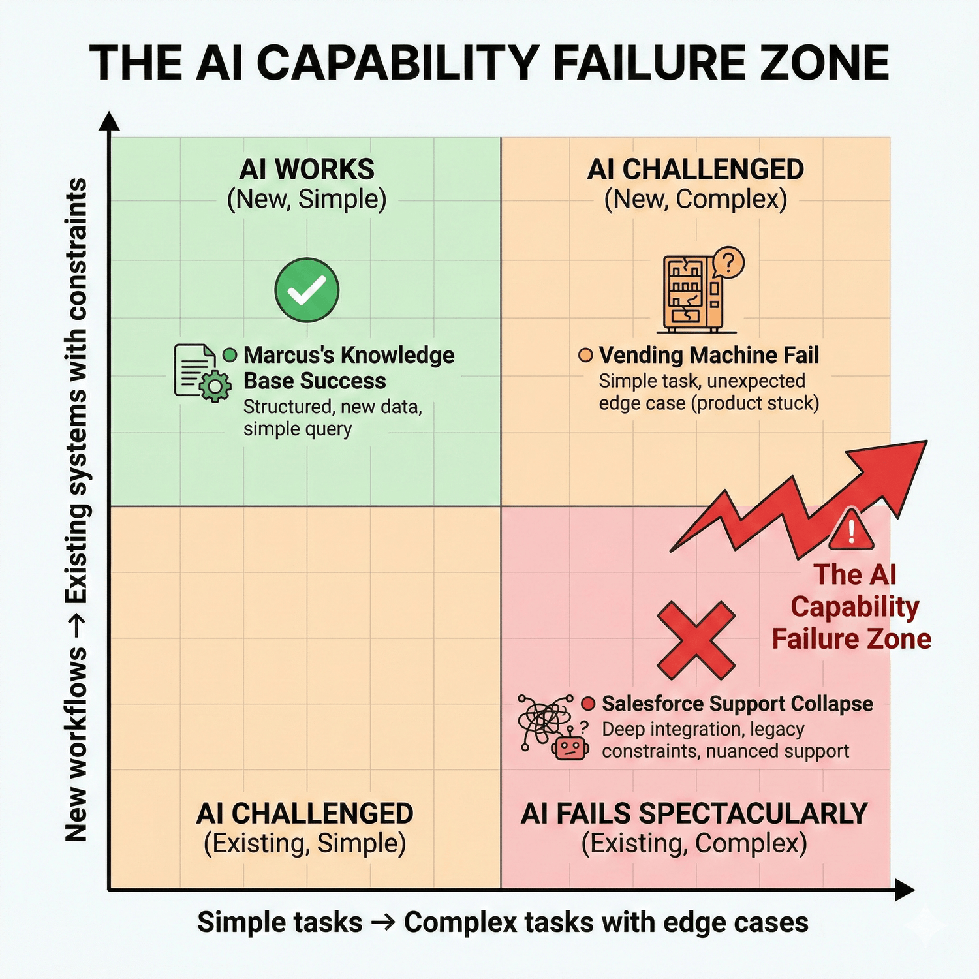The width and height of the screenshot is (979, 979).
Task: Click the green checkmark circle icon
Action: [x=307, y=290]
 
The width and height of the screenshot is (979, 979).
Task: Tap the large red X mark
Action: [x=696, y=640]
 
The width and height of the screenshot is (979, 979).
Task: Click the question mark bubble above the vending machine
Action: [x=728, y=263]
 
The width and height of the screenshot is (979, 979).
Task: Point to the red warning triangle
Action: [x=851, y=529]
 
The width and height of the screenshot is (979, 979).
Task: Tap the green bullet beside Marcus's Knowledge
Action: [x=230, y=355]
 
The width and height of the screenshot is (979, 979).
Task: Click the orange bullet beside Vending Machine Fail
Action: [x=585, y=355]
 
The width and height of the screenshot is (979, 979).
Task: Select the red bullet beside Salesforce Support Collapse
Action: [x=588, y=704]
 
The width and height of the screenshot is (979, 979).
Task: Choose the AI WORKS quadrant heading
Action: [x=307, y=169]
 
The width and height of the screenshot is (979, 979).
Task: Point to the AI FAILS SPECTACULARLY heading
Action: [x=694, y=814]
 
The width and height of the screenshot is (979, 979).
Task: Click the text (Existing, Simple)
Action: [x=305, y=843]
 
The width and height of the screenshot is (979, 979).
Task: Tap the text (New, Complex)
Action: [x=696, y=199]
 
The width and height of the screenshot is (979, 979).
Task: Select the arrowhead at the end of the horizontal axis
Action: [x=905, y=890]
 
